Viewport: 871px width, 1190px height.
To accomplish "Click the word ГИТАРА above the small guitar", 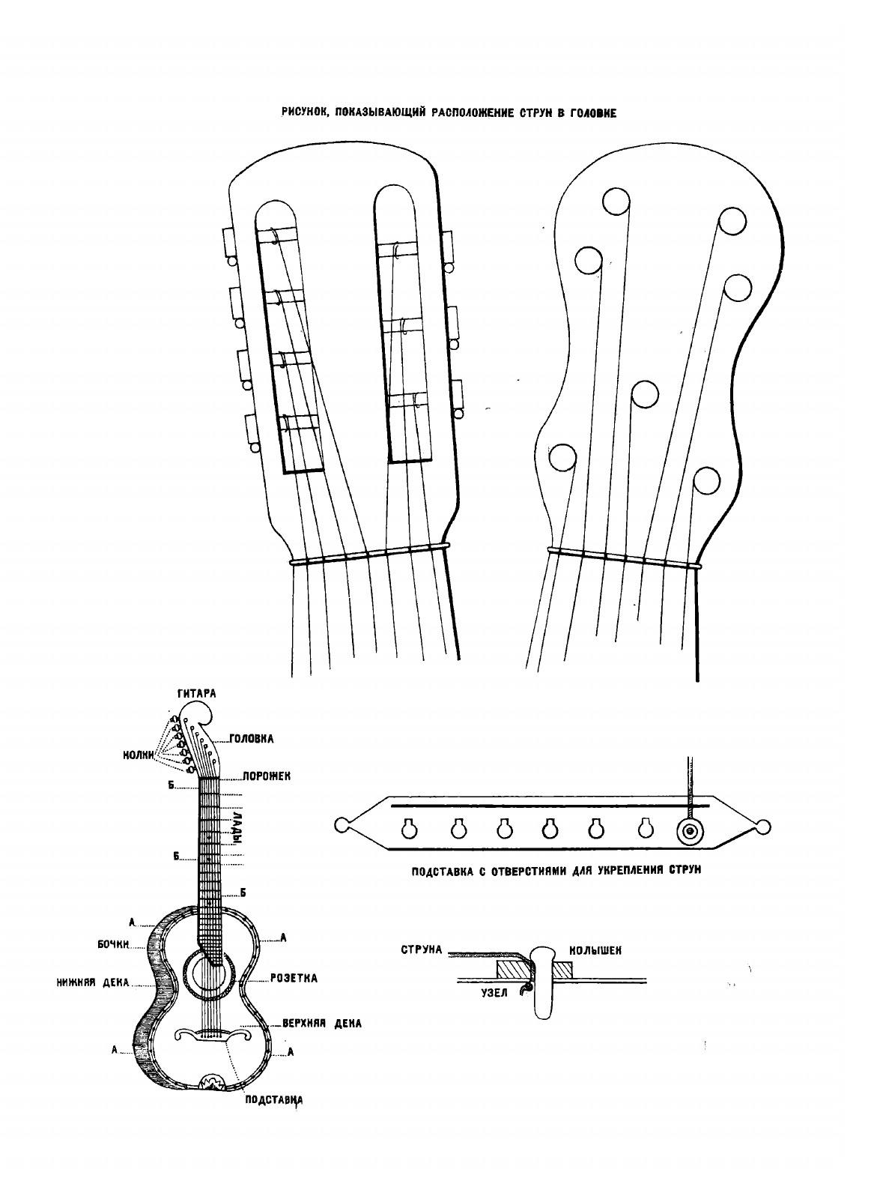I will pyautogui.click(x=196, y=693).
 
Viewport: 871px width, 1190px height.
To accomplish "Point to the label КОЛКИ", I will pyautogui.click(x=139, y=755).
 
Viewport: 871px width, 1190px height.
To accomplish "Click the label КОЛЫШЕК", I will pyautogui.click(x=596, y=949).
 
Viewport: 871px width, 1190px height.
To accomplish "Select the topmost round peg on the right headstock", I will pyautogui.click(x=617, y=202).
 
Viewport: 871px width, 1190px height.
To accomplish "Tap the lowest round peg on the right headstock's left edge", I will pyautogui.click(x=563, y=456).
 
